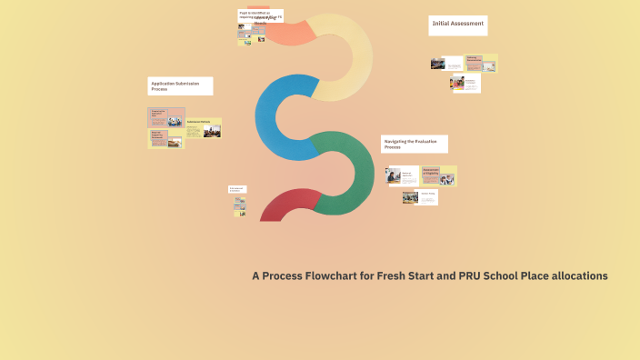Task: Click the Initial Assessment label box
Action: (458, 25)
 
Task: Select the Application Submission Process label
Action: (181, 86)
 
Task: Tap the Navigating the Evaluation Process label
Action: (414, 144)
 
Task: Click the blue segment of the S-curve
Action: (273, 114)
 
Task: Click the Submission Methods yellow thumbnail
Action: (204, 127)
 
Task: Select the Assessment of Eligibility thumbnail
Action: (438, 175)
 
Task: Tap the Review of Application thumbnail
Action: (402, 175)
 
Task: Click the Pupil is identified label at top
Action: (261, 15)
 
